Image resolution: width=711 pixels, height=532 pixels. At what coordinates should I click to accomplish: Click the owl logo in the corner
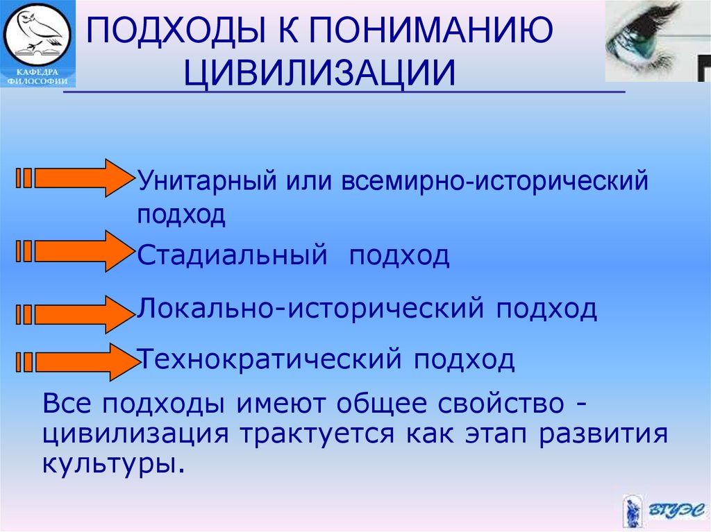click(x=37, y=35)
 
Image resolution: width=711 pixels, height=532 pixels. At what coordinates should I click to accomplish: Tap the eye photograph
click(x=658, y=41)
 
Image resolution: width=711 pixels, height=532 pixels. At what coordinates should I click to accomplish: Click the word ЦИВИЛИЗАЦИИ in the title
click(x=319, y=73)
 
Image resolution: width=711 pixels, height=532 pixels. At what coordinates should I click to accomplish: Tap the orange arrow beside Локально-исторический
click(x=75, y=314)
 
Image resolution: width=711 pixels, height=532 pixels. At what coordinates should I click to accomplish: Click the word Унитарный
click(x=207, y=180)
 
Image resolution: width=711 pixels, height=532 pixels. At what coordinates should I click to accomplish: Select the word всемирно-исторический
click(x=494, y=180)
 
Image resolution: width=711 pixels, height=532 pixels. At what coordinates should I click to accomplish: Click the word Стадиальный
click(x=232, y=255)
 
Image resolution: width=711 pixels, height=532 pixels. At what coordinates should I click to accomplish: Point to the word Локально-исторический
click(x=310, y=309)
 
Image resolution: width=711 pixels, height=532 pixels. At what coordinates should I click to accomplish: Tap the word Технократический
click(x=269, y=359)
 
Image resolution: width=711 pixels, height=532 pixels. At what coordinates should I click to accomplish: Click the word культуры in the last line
click(x=114, y=463)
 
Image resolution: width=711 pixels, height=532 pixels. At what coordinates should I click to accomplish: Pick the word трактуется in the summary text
click(x=317, y=434)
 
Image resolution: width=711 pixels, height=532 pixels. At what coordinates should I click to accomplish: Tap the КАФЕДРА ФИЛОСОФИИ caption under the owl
click(x=37, y=76)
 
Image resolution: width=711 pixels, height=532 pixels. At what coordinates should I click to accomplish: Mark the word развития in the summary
click(x=603, y=434)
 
